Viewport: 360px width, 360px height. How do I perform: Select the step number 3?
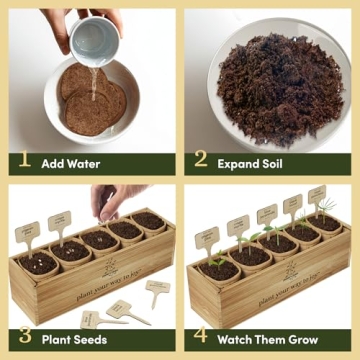(x=22, y=338)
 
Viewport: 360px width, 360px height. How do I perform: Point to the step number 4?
(x=201, y=338)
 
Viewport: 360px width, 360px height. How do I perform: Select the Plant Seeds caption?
(x=74, y=338)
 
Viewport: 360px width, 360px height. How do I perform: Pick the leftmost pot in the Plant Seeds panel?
(x=38, y=263)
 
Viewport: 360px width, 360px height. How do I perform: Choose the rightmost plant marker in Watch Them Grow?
(x=318, y=194)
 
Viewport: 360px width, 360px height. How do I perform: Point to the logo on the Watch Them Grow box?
(x=289, y=271)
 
